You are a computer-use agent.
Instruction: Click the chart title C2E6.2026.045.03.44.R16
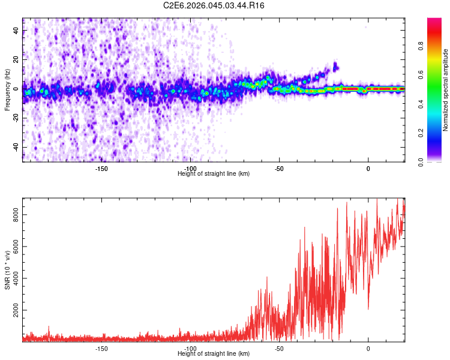(x=214, y=5)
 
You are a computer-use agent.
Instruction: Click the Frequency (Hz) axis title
(x=7, y=90)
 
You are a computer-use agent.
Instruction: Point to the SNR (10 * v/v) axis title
(x=7, y=270)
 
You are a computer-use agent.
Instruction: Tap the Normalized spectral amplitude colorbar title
(x=446, y=90)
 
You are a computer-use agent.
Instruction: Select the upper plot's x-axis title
(x=214, y=174)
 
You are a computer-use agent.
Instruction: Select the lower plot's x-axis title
(x=214, y=354)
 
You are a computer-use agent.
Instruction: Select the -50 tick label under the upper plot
(x=279, y=169)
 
